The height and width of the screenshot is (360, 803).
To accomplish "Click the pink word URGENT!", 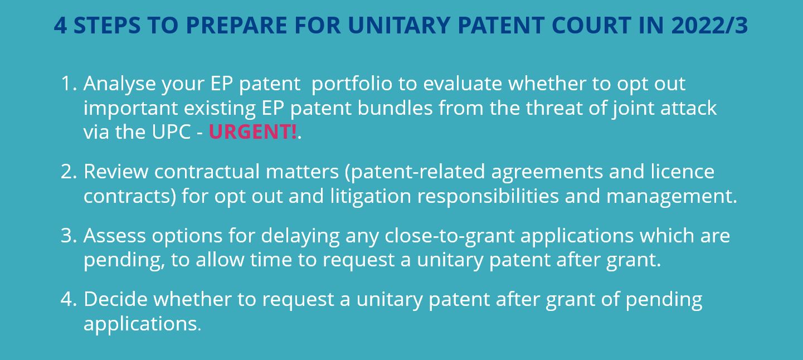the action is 253,132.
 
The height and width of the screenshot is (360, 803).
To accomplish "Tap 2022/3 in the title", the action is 709,25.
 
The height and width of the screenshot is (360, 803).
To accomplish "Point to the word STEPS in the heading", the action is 107,25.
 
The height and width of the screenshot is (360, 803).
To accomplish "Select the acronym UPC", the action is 171,132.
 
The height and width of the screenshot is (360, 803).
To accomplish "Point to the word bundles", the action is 395,108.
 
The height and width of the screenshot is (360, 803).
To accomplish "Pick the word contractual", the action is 207,172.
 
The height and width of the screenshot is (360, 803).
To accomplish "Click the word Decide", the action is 115,299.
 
